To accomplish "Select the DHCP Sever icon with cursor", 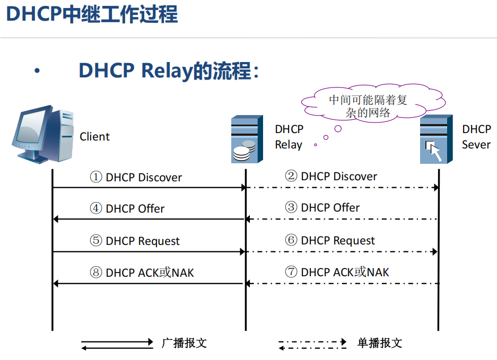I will coord(437,139).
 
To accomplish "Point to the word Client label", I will coord(94,137).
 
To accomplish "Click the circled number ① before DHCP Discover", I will coord(95,178).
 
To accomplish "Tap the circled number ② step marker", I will coord(291,177).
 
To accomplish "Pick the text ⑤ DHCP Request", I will coord(135,241).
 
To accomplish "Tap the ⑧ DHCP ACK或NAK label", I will coord(142,273).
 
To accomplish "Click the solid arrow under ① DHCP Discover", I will coord(149,188).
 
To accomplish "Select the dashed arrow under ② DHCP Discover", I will coord(342,188).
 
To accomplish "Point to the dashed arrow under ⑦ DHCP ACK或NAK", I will coord(342,284).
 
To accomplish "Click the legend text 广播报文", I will coord(184,343).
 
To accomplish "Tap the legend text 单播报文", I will coord(380,343).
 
